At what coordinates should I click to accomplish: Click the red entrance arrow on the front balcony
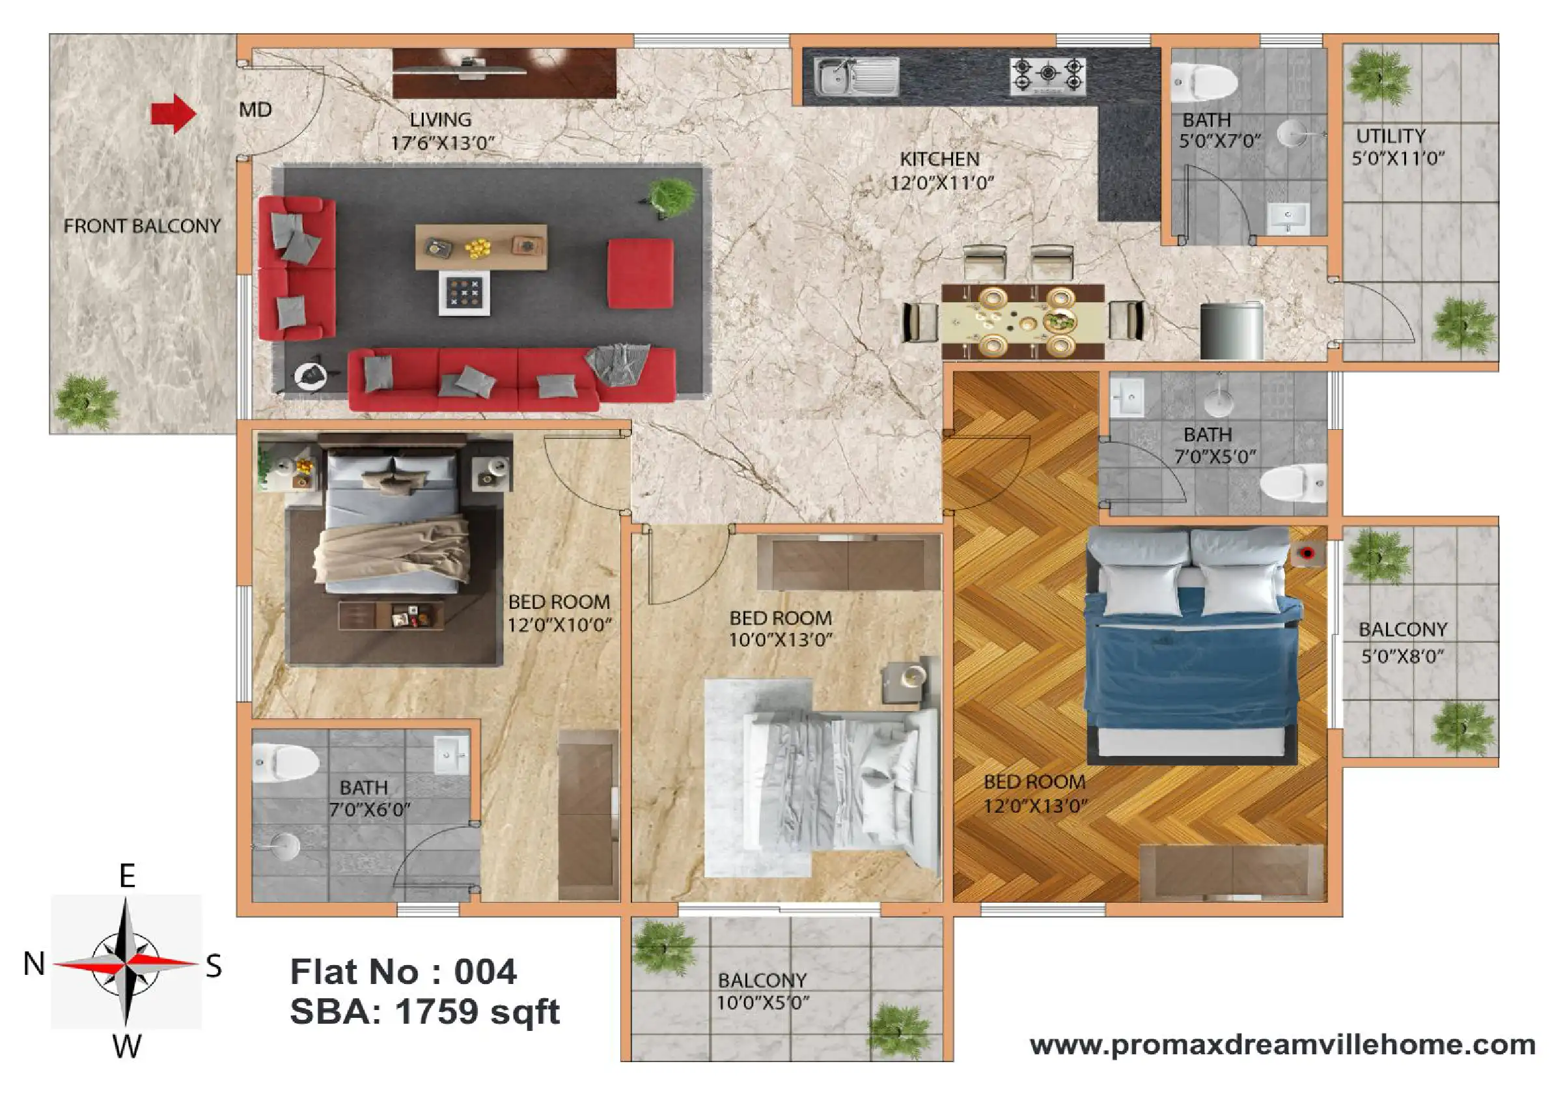click(173, 113)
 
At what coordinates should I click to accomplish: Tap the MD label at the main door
click(255, 109)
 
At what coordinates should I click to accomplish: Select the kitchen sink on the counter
click(856, 76)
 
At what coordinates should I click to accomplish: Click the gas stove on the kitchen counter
click(1047, 76)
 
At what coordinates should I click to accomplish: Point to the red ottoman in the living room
click(640, 273)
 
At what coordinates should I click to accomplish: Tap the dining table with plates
click(1023, 322)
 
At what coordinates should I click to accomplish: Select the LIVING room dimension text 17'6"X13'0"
click(443, 143)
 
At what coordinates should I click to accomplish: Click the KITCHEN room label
click(940, 160)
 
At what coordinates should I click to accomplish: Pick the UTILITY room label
click(1391, 135)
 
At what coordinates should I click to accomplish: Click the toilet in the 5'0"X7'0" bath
click(1204, 81)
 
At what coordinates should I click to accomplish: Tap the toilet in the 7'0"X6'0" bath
click(285, 762)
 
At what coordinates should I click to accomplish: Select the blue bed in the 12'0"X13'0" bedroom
click(1192, 645)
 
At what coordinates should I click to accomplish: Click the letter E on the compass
click(127, 876)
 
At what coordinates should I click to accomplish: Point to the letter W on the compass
click(127, 1047)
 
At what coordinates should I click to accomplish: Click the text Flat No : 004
click(403, 972)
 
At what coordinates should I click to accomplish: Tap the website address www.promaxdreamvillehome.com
click(1282, 1045)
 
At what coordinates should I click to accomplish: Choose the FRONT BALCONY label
click(142, 226)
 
